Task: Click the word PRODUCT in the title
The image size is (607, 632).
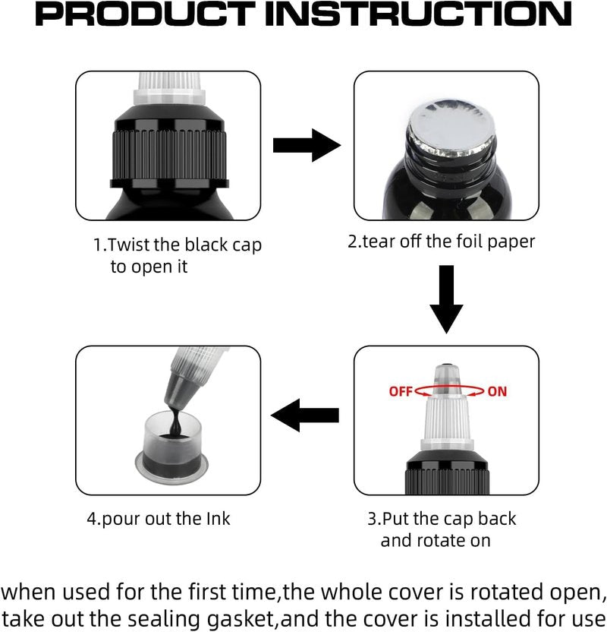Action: coord(146,14)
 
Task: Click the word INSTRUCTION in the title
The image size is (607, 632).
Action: coord(418,14)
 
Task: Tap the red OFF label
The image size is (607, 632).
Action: coord(401,391)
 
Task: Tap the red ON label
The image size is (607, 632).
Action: coord(497,391)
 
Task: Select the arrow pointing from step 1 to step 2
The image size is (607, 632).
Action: coord(307,146)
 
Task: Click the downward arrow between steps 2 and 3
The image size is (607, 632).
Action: coord(446,299)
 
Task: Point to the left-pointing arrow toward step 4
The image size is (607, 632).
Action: coord(305,416)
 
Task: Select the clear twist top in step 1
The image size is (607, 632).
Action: coord(169,90)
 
